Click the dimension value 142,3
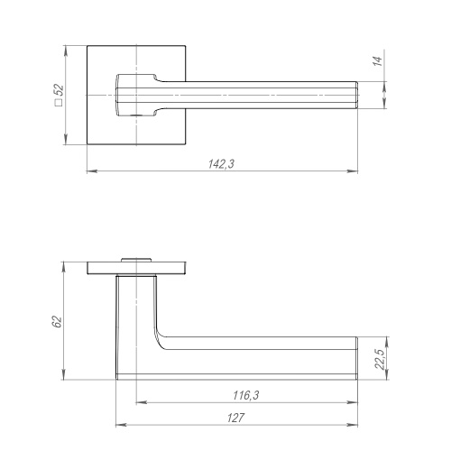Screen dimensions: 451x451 (221, 164)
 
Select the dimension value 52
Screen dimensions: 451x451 (60, 90)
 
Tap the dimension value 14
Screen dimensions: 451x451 (377, 61)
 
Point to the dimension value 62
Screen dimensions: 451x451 (57, 322)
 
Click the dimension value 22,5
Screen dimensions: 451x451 (380, 359)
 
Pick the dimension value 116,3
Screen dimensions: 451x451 (246, 395)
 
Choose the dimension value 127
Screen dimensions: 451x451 (235, 418)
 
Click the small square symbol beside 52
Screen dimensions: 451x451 (59, 103)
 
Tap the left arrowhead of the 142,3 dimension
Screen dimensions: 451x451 (92, 171)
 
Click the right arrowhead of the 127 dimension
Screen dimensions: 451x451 (353, 425)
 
